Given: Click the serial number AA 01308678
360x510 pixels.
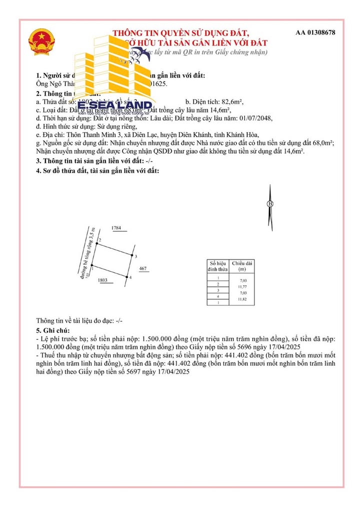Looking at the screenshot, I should click(x=315, y=33).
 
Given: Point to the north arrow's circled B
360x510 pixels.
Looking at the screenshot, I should click(x=270, y=204).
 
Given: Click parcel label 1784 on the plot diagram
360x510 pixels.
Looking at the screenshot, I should click(x=116, y=228).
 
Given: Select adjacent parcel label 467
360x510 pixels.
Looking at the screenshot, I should click(x=142, y=269).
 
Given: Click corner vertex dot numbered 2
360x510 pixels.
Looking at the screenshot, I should click(x=96, y=244).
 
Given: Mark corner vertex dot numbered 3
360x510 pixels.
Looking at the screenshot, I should click(x=131, y=256).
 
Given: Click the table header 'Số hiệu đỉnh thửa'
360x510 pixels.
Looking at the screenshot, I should click(x=218, y=266).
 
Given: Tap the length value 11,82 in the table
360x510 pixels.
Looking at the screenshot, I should click(x=243, y=299).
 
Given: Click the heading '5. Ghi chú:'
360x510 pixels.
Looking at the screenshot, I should click(x=53, y=331).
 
